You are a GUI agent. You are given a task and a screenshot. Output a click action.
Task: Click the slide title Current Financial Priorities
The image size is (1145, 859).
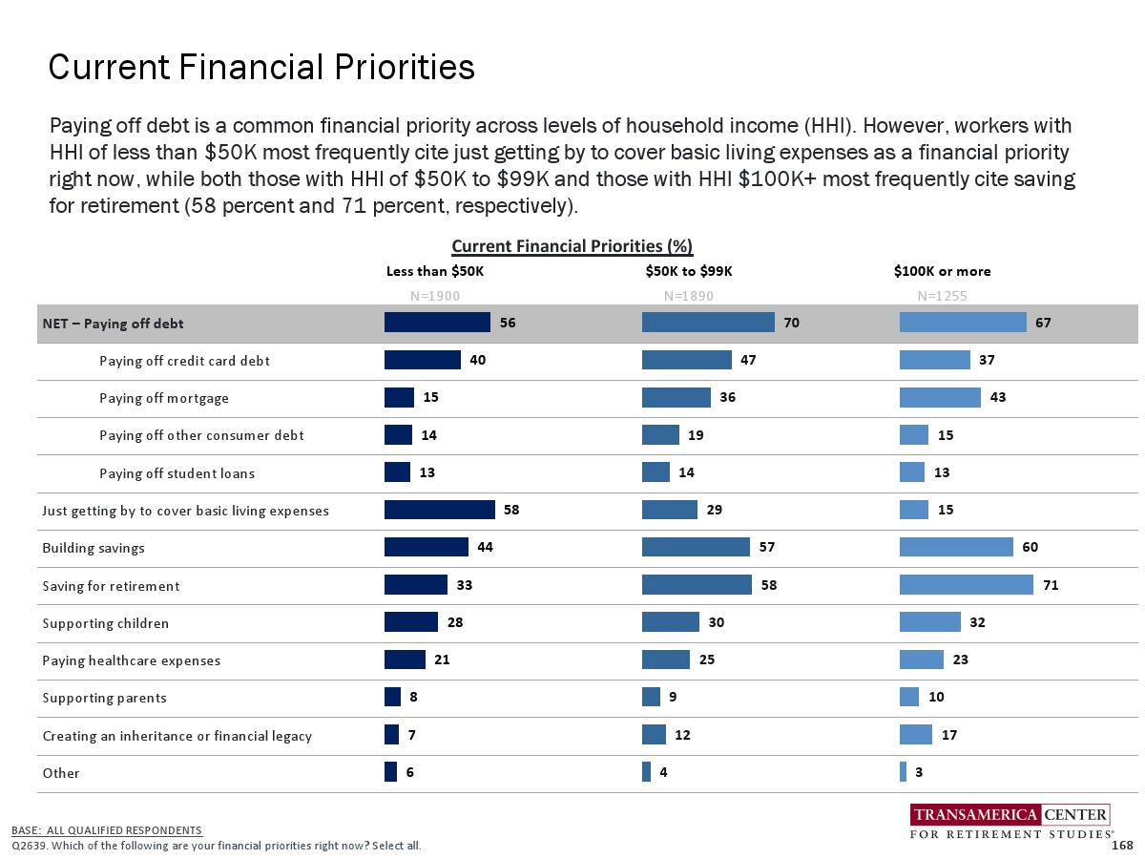click(x=261, y=68)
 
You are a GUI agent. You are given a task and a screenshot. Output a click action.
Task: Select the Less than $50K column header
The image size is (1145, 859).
click(x=434, y=271)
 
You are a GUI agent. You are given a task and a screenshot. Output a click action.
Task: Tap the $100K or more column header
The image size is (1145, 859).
click(x=942, y=271)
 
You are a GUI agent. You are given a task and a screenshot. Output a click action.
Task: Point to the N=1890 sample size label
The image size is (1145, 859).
click(x=688, y=296)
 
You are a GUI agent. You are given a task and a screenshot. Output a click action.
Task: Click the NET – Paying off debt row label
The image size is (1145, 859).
click(x=113, y=324)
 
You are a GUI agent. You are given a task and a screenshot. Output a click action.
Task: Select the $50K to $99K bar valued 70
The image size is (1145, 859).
click(x=707, y=323)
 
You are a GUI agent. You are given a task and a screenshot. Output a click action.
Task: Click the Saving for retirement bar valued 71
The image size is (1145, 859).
click(x=966, y=584)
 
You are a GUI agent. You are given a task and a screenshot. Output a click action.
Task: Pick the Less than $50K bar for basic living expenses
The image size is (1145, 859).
click(x=439, y=510)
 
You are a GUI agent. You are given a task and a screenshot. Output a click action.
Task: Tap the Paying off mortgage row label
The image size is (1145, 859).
click(x=164, y=398)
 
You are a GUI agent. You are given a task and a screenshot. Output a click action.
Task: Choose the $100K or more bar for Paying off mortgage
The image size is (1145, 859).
click(x=940, y=397)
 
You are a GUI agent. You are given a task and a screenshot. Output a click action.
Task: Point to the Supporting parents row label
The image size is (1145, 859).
click(x=104, y=698)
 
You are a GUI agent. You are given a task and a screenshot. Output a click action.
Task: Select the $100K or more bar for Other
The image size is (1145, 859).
click(x=903, y=772)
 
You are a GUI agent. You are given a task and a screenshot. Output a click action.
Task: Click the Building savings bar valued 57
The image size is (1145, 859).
click(x=696, y=547)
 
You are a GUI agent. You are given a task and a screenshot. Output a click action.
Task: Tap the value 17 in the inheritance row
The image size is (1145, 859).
click(x=949, y=735)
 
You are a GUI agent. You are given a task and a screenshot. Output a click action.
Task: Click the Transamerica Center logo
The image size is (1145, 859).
click(x=1010, y=823)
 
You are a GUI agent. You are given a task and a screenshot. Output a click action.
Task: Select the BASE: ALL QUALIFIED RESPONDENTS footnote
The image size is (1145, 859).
click(x=107, y=830)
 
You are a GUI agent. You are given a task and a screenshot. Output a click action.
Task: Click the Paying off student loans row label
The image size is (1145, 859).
click(x=177, y=473)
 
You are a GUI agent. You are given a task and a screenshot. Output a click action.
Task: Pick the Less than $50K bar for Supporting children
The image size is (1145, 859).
click(x=410, y=622)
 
